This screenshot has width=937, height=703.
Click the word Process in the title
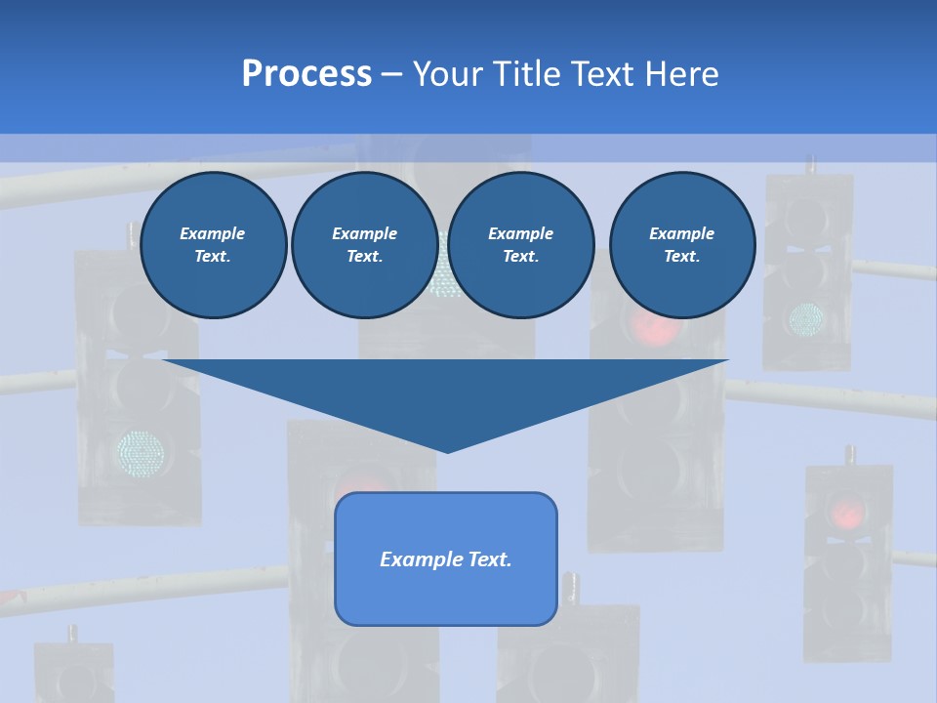pyautogui.click(x=306, y=74)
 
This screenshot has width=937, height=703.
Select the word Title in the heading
pyautogui.click(x=528, y=74)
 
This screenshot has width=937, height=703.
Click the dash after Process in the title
pyautogui.click(x=391, y=75)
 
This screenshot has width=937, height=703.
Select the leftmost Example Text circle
pyautogui.click(x=213, y=245)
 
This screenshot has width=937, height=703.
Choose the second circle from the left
pyautogui.click(x=364, y=245)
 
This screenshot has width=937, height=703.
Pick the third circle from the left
pyautogui.click(x=520, y=245)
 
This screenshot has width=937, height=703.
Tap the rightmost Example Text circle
pyautogui.click(x=681, y=245)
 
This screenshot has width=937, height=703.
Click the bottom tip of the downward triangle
pyautogui.click(x=447, y=450)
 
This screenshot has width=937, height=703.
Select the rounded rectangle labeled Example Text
pyautogui.click(x=445, y=558)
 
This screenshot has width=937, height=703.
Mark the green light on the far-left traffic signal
pyautogui.click(x=141, y=451)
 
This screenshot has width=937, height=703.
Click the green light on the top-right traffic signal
pyautogui.click(x=806, y=316)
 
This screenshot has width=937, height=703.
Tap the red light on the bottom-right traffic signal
pyautogui.click(x=847, y=512)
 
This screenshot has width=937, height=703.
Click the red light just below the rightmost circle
pyautogui.click(x=654, y=329)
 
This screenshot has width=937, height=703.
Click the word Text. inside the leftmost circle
pyautogui.click(x=213, y=257)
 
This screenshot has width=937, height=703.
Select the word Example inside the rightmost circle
pyautogui.click(x=681, y=233)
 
